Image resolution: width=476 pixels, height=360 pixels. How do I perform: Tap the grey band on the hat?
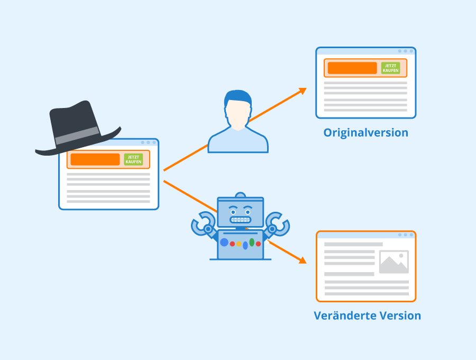tap(77, 136)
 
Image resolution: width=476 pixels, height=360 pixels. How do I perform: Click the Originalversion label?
tap(366, 133)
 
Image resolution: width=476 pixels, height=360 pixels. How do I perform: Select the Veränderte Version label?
tap(368, 316)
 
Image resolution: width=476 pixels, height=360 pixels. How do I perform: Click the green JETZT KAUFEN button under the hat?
tap(134, 159)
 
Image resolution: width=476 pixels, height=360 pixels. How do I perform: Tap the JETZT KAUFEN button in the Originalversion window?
tap(391, 68)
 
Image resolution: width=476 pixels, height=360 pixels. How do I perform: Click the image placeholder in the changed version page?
tap(393, 262)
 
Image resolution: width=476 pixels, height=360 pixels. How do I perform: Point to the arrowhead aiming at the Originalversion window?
tap(303, 91)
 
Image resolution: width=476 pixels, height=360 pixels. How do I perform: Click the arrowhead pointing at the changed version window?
tap(303, 260)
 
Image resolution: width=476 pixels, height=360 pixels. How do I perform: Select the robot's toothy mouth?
tap(241, 220)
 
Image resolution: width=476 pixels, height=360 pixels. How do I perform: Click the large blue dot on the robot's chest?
tap(224, 242)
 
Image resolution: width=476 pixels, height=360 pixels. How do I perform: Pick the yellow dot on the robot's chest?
tap(239, 244)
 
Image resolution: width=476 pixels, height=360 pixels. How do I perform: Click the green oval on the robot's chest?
tap(252, 242)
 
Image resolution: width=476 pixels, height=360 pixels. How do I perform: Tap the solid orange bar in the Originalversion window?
tap(352, 68)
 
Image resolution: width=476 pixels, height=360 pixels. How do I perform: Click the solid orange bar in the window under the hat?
tap(95, 159)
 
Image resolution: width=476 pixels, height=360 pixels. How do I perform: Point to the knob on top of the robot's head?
tap(241, 195)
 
